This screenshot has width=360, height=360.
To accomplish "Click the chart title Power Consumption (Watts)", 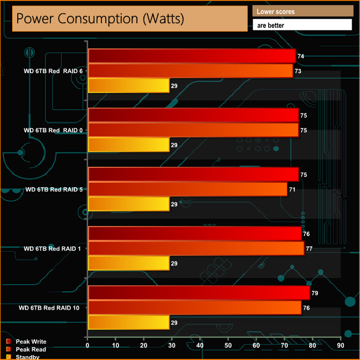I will (x=100, y=18).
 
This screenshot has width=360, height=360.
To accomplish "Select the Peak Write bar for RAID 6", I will (x=192, y=56).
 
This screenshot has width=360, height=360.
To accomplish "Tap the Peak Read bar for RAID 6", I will (x=190, y=70).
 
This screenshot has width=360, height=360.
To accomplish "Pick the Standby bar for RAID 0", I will (x=128, y=145).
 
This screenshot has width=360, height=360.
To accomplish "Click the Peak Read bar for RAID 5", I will (x=187, y=189).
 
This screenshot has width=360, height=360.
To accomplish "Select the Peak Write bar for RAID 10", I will (x=198, y=292).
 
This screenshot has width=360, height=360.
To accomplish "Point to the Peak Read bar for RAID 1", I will (x=196, y=248).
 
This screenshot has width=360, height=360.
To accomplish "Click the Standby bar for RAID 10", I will (x=128, y=322).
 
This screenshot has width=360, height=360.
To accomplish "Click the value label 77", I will (x=309, y=249).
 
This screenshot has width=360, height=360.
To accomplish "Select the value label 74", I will (x=301, y=56).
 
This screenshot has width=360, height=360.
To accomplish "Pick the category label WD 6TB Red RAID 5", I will (x=54, y=189).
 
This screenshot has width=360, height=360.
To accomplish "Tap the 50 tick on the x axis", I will (x=228, y=346).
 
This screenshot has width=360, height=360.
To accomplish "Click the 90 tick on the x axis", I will (x=341, y=346).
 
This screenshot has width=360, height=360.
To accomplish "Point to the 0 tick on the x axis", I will (x=88, y=346).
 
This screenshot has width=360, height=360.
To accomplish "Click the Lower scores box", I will (x=302, y=11).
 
